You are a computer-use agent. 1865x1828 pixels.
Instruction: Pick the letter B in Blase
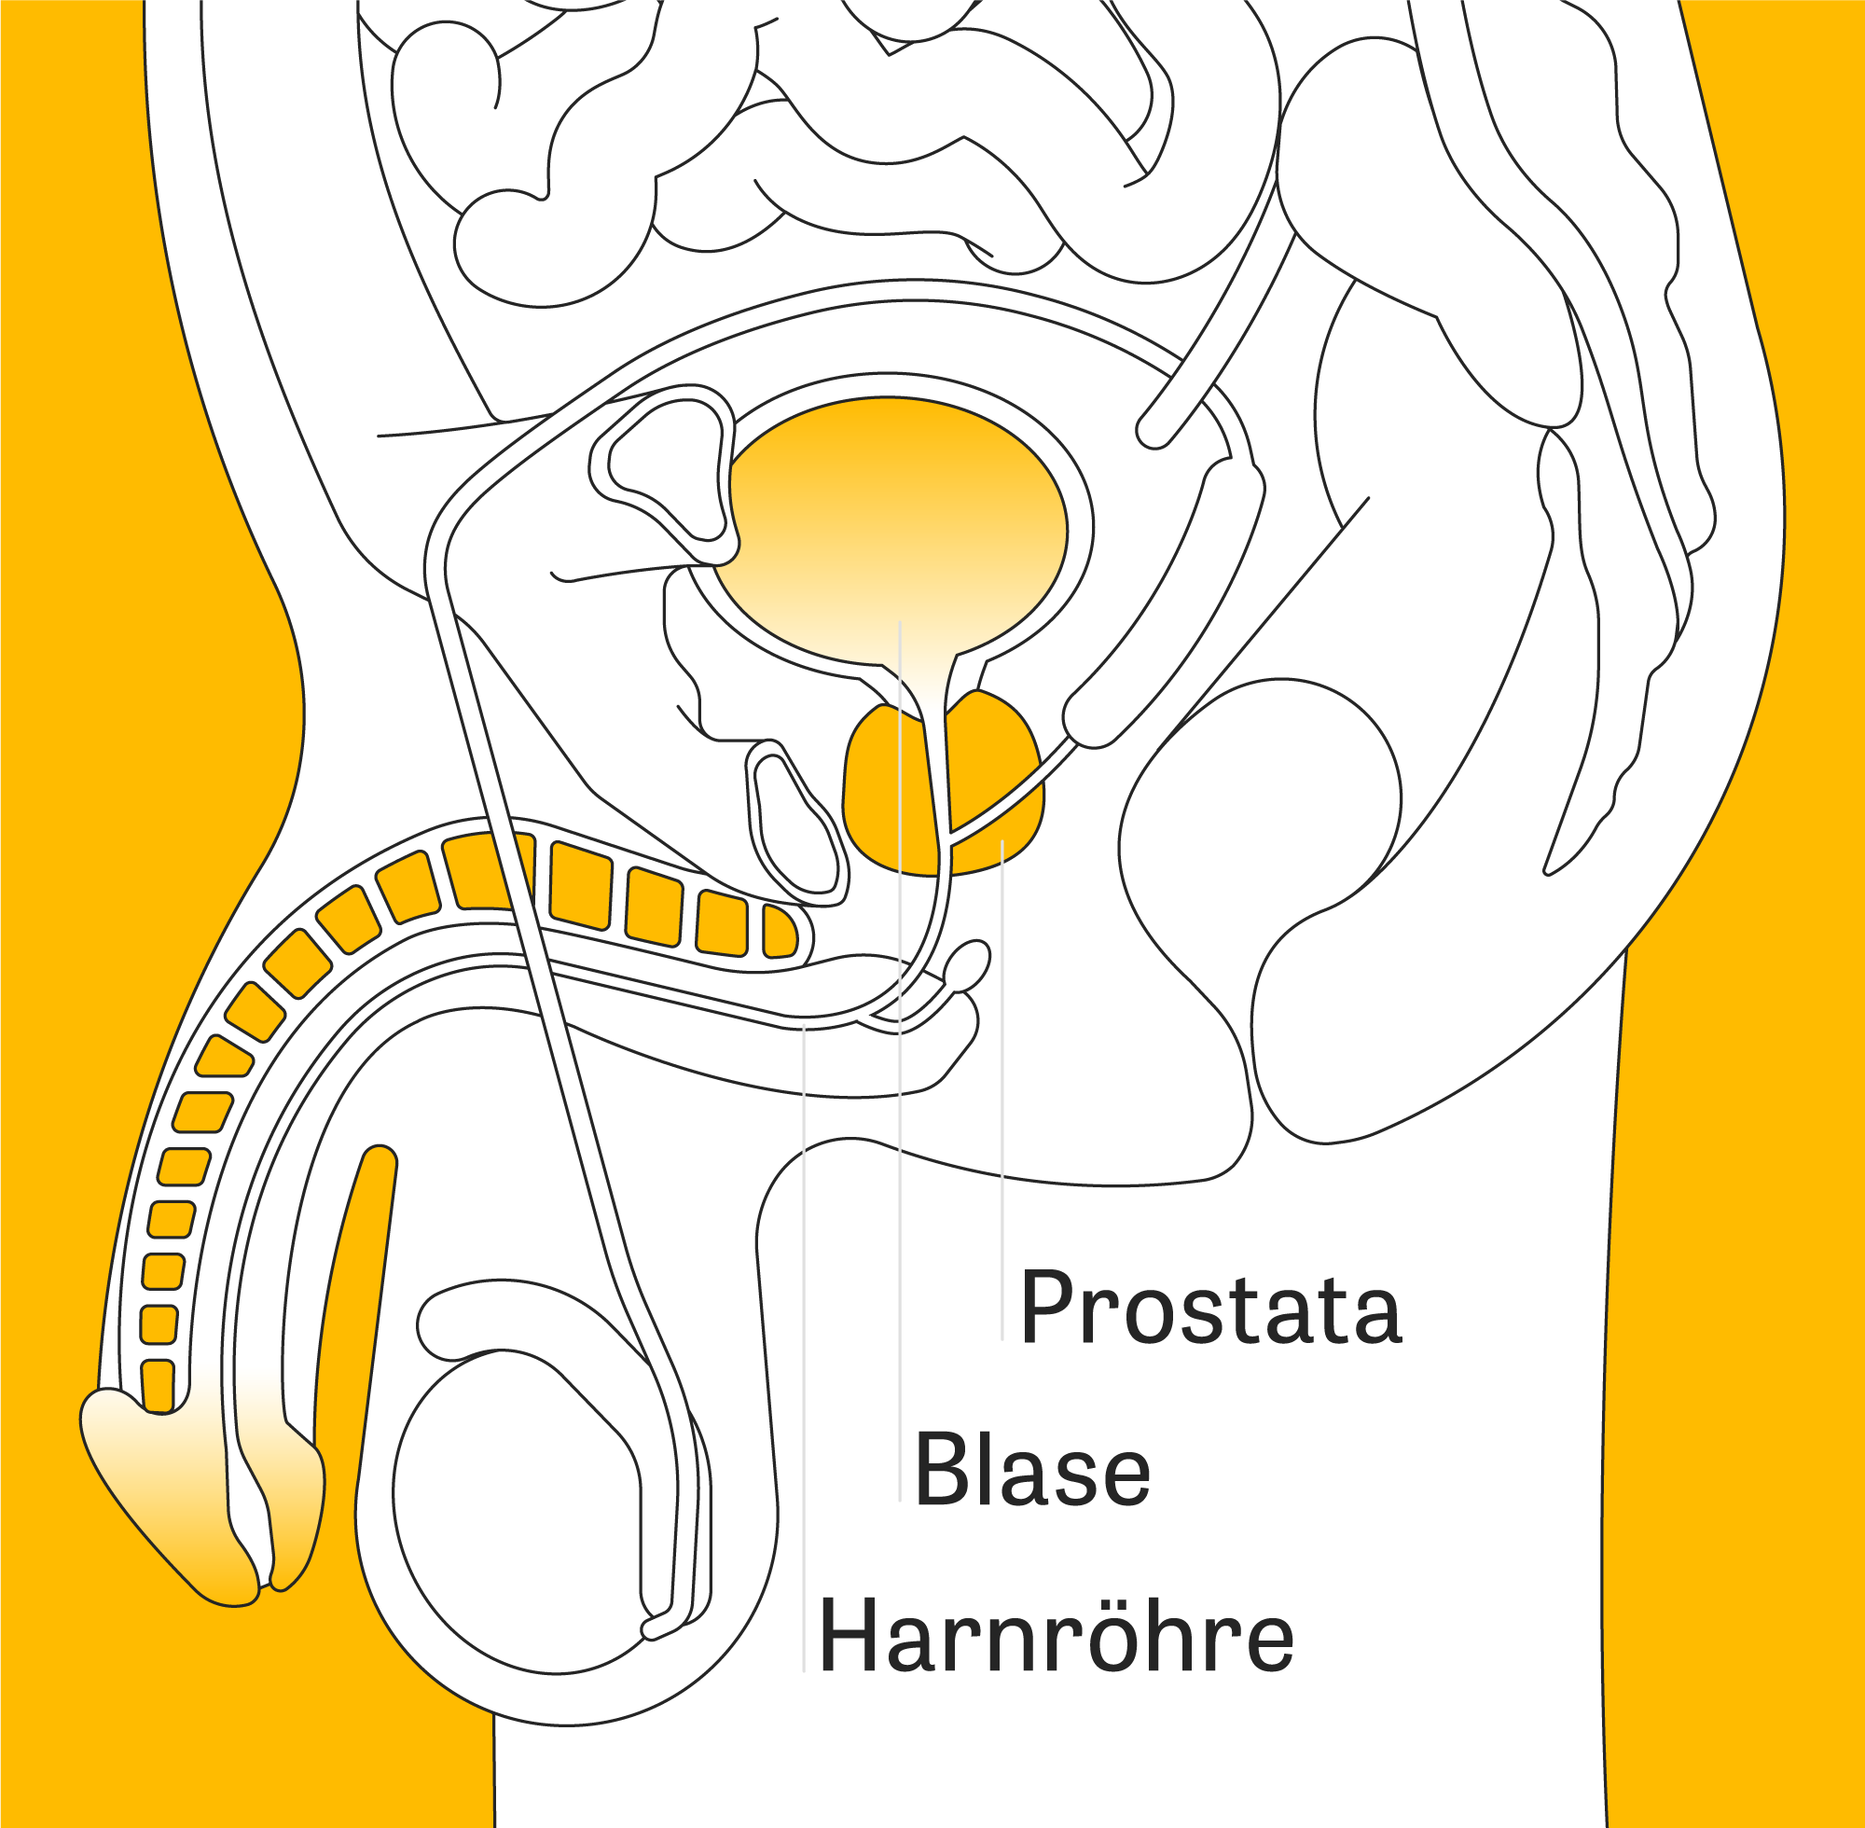(943, 1469)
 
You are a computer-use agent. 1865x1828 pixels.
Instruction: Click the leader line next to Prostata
(1002, 1089)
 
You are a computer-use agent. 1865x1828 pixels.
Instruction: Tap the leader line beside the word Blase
(899, 1061)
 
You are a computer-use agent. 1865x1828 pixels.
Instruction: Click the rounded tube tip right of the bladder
(1154, 429)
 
